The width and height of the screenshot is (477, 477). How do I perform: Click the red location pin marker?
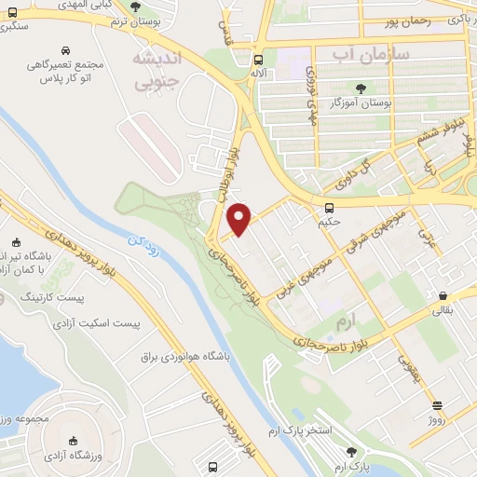(x=240, y=218)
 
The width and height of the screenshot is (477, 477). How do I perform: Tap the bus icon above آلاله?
(x=258, y=57)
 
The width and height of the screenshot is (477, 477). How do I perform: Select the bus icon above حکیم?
(x=329, y=208)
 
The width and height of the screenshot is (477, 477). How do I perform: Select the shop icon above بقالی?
(x=440, y=299)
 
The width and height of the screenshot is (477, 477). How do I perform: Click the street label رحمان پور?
(x=402, y=20)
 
